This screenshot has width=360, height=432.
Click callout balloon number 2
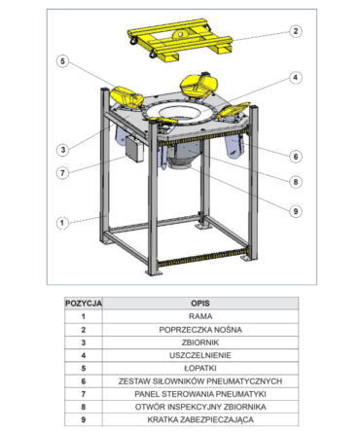[295, 31]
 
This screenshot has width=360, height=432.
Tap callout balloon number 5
[62, 61]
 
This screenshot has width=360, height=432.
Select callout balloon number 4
[295, 78]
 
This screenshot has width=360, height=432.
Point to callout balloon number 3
[63, 150]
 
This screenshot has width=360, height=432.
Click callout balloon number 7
[62, 173]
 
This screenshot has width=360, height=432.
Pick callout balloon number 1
[62, 223]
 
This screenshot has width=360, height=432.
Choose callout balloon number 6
[296, 157]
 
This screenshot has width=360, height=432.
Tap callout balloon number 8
[296, 182]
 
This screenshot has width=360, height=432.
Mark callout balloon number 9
[296, 211]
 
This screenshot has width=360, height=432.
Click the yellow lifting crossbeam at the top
[180, 40]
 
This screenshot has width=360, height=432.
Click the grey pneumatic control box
[134, 149]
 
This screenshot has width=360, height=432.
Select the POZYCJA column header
[84, 304]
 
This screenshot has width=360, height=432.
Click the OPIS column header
[200, 304]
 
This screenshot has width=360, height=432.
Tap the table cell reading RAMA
[200, 316]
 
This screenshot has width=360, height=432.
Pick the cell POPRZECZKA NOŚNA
[200, 330]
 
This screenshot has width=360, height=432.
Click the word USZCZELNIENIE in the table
[200, 355]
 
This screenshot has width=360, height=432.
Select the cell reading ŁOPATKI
[200, 369]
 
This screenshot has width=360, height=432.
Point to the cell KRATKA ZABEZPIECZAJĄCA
[200, 419]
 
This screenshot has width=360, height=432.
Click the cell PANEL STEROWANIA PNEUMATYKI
[200, 394]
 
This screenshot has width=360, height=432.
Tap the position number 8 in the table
[84, 407]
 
